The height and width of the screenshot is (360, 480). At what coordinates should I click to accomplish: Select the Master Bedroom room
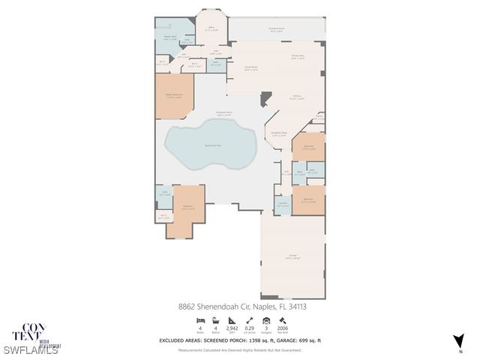pyautogui.click(x=174, y=95)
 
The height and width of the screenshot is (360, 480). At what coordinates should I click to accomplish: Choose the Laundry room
pyautogui.click(x=283, y=204)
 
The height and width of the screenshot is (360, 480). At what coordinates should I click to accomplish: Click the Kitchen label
pyautogui.click(x=297, y=96)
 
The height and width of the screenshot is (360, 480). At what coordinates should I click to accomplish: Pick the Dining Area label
pyautogui.click(x=297, y=56)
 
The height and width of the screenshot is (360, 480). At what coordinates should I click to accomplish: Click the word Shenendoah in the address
pyautogui.click(x=218, y=307)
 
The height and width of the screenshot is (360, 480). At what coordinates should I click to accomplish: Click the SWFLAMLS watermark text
pyautogui.click(x=31, y=350)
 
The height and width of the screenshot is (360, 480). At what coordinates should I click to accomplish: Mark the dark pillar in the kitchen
pyautogui.click(x=264, y=97)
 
